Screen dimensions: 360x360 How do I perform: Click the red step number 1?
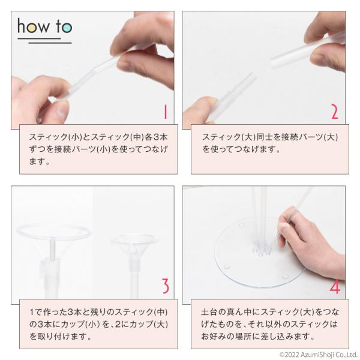(166, 112)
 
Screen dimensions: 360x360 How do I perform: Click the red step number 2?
(335, 112)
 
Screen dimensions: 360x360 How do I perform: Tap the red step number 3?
(166, 286)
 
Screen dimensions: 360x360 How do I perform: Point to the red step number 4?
(335, 286)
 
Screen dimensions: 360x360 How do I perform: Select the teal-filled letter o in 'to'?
(67, 28)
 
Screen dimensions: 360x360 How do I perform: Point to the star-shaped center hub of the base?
(262, 250)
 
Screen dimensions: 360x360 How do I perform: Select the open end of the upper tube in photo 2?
(274, 62)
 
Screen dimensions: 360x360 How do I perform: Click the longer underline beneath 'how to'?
(50, 43)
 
